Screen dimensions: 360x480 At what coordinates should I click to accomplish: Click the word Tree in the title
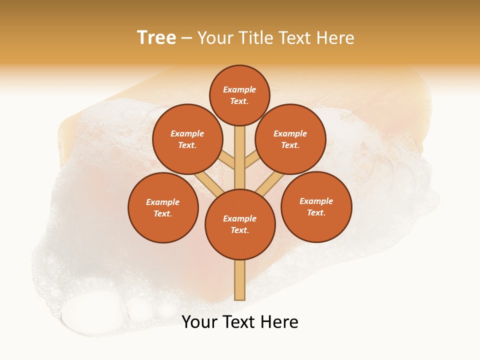tap(156, 38)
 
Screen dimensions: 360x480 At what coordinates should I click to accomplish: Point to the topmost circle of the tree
tap(239, 95)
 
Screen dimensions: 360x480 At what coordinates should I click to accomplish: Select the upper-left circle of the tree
tap(187, 139)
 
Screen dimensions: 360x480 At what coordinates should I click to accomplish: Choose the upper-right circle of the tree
tap(290, 139)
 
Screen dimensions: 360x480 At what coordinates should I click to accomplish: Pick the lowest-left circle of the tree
tap(163, 207)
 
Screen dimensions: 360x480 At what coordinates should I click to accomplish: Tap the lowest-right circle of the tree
tap(316, 206)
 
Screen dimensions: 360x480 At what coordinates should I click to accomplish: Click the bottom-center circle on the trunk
tap(240, 224)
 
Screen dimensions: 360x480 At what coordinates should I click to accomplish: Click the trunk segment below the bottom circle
tap(240, 280)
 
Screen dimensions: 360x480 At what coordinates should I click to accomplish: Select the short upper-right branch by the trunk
tap(252, 160)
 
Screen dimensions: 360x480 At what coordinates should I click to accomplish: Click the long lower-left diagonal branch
tap(209, 184)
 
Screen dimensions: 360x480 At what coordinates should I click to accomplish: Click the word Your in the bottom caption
tap(199, 322)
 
